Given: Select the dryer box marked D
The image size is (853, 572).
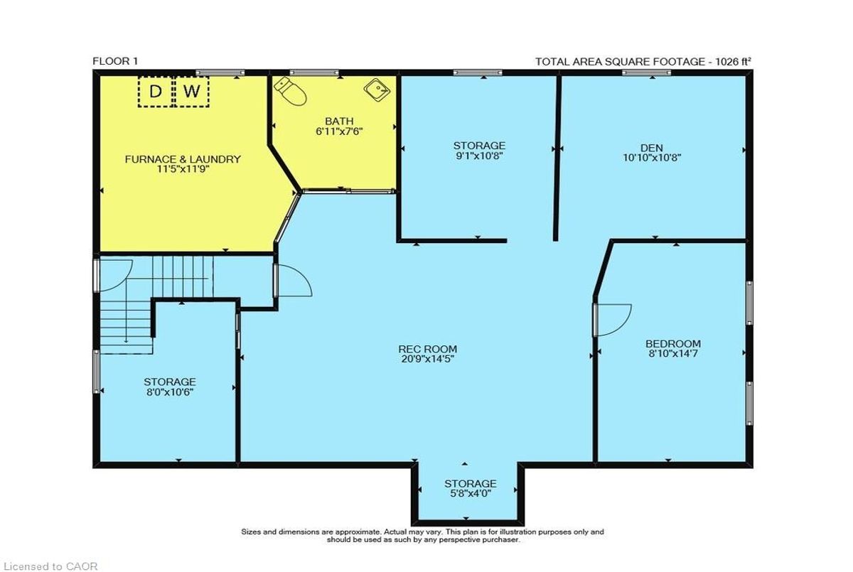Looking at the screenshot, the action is pos(156,92).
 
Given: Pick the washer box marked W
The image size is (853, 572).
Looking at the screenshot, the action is pos(191,92).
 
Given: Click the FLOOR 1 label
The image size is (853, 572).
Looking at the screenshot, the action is pos(115,61).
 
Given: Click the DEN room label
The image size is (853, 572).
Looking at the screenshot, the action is pos(652,148).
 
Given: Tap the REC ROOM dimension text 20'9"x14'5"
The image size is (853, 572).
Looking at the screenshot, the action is pos(428,359).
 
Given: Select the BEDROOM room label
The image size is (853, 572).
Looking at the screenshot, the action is pos(673,344).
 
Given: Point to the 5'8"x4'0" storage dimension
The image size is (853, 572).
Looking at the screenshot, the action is pos(471,494).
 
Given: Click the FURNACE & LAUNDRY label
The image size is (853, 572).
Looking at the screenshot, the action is pos(183,159).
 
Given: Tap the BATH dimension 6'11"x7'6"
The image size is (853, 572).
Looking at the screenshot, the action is pos(339,131).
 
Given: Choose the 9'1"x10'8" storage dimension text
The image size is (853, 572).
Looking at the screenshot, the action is pos(479,156).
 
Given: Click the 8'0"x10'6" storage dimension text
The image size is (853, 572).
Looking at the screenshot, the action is pos(170,392).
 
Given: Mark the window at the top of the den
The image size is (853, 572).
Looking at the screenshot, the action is pos(647,72).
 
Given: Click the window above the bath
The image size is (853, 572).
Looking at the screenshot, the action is pos(313,72).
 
